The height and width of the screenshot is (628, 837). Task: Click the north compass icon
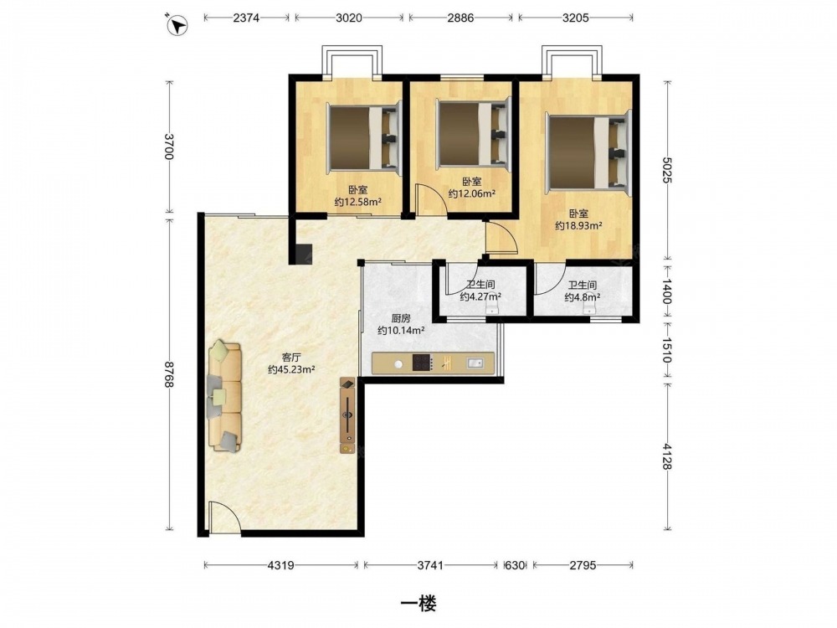click(177, 25)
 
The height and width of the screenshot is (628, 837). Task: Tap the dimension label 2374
click(246, 18)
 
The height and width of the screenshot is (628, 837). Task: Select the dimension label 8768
click(169, 374)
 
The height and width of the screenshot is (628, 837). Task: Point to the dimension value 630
click(515, 565)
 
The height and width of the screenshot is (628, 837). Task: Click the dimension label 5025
click(667, 170)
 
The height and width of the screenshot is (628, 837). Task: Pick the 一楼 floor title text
click(418, 604)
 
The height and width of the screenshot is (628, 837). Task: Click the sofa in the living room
click(224, 396)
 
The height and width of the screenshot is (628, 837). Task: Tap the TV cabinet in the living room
click(347, 415)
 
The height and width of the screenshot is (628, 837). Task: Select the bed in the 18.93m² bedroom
click(588, 150)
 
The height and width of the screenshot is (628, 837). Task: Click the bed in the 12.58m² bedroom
click(364, 138)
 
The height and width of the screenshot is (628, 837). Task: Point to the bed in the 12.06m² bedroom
click(474, 133)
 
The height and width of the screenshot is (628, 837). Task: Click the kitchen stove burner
click(422, 363)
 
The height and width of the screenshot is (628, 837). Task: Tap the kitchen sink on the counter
click(475, 363)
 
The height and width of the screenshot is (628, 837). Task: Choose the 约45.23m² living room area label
click(291, 369)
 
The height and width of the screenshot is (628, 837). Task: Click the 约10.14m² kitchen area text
click(401, 331)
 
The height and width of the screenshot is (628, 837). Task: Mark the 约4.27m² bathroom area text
click(480, 296)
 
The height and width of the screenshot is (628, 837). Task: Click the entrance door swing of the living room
click(224, 517)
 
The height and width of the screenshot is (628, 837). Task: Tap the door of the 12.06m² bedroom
click(430, 200)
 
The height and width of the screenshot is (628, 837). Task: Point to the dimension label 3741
click(430, 565)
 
